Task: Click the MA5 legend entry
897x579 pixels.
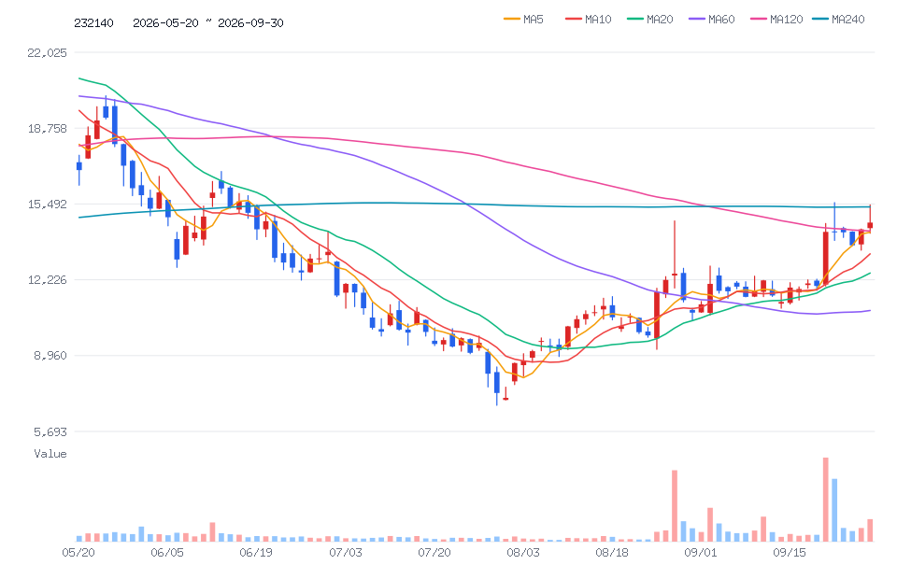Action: coord(523,20)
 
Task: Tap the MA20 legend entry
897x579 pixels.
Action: coord(650,20)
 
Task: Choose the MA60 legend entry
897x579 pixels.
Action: coord(712,20)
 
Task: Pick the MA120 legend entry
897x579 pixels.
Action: coord(776,20)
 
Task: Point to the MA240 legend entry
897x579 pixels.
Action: coord(838,20)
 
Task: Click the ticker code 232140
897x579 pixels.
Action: coord(93,22)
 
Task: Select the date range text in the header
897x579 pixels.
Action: coord(208,22)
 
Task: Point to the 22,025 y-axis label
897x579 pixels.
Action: coord(47,52)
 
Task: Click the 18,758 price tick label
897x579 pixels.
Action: coord(47,128)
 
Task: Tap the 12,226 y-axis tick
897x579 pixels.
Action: coord(47,279)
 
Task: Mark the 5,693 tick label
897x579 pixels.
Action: coord(50,431)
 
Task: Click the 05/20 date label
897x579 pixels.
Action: coord(78,552)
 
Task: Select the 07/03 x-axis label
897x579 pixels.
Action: coord(346,552)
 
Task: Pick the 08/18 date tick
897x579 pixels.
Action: coord(612,552)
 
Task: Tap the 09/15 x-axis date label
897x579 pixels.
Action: coord(790,552)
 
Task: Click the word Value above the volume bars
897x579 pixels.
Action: coord(50,454)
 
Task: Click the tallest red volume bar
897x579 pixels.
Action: coord(825,500)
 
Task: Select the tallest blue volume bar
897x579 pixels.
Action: coord(834,510)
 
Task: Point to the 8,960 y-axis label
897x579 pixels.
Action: coord(50,356)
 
